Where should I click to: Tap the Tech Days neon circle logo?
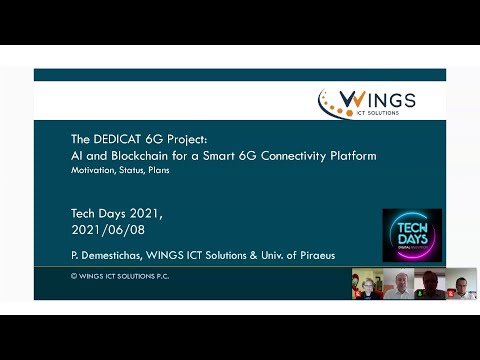pyautogui.click(x=412, y=234)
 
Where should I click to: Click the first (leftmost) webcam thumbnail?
pyautogui.click(x=366, y=284)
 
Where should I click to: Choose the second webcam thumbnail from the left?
pyautogui.click(x=398, y=284)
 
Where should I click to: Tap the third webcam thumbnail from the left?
pyautogui.click(x=430, y=284)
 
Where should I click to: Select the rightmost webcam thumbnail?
pyautogui.click(x=461, y=284)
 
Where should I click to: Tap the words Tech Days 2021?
pyautogui.click(x=116, y=213)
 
